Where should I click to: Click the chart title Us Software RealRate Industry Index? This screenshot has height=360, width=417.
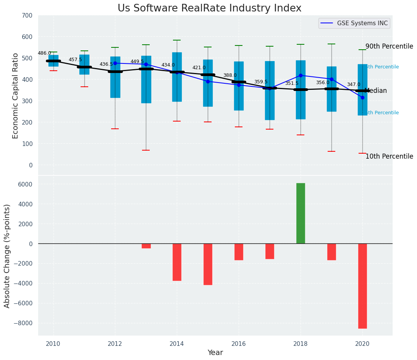[209, 8]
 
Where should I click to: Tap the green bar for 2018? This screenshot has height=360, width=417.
[301, 213]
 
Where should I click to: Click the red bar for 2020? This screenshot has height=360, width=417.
[362, 286]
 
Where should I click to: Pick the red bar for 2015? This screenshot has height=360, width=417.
[208, 264]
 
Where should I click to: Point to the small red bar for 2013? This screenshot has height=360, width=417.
[146, 246]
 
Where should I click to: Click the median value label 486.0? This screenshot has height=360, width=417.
[44, 53]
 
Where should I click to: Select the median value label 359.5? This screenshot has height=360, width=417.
[261, 82]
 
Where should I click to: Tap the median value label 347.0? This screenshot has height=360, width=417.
[354, 84]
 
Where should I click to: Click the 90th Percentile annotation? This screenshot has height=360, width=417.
[389, 47]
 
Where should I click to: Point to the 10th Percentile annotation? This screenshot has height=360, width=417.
[389, 156]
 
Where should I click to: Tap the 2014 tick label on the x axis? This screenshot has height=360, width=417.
[177, 344]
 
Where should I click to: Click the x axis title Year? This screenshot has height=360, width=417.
[215, 353]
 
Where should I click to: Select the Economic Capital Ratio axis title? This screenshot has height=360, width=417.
[16, 96]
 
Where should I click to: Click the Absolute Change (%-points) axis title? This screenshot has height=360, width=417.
[7, 256]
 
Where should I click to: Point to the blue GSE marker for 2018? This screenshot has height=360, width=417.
[301, 76]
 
